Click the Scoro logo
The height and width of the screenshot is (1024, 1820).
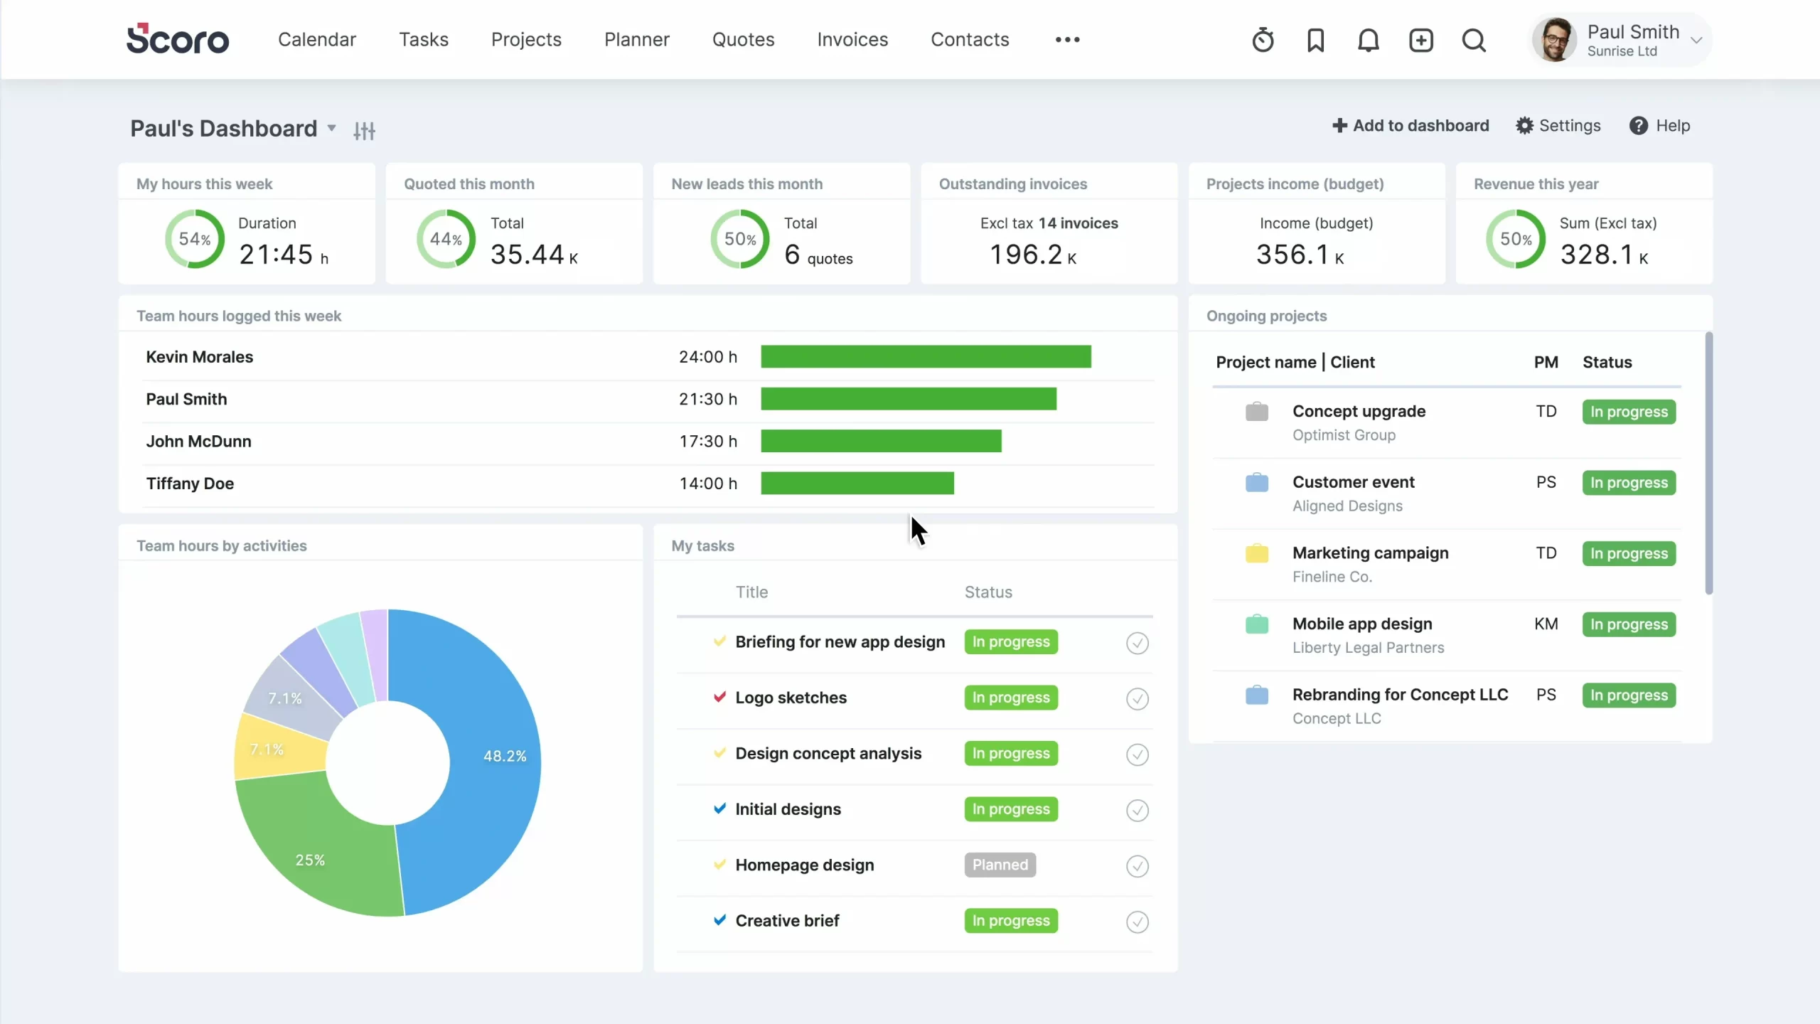point(178,39)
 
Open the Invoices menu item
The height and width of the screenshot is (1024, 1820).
point(852,40)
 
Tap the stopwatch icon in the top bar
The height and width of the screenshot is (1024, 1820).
point(1263,40)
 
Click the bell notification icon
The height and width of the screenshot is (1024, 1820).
point(1368,40)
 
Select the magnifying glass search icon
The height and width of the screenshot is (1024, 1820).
point(1474,40)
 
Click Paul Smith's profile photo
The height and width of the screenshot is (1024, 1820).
point(1554,40)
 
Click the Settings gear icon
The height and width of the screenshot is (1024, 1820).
point(1524,126)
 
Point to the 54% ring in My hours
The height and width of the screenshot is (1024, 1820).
point(195,239)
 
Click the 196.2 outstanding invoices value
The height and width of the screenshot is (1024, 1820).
point(1026,255)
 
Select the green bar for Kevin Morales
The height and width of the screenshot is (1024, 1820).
point(926,357)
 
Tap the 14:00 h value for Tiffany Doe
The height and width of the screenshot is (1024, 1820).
point(708,484)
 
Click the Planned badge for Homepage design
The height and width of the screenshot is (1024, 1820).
point(1000,865)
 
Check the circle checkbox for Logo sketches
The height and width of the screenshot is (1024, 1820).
point(1137,699)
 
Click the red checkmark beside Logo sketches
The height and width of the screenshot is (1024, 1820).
point(719,697)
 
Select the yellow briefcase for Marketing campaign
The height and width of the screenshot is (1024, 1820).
point(1257,553)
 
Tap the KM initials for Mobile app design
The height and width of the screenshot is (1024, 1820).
point(1546,624)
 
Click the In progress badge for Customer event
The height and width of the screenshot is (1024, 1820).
point(1629,483)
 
